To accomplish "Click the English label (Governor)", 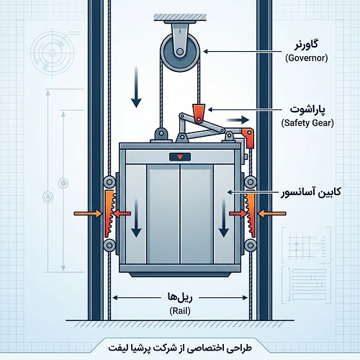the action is tap(307, 58).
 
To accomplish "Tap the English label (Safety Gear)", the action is tap(307, 123).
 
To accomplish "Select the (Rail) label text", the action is tap(180, 311).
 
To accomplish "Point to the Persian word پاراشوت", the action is tap(307, 109).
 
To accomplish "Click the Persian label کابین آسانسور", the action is tap(311, 192).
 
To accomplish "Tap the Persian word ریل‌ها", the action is tap(180, 297).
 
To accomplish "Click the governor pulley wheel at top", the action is tap(180, 52).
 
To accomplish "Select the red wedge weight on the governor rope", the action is tap(199, 113).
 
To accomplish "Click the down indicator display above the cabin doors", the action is tap(180, 157).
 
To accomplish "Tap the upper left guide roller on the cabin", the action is tap(109, 182).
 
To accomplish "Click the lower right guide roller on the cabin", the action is tap(251, 246).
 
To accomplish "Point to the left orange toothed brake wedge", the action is tap(109, 214).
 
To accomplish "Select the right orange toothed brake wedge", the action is tap(251, 215).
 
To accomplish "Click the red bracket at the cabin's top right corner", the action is tap(248, 138).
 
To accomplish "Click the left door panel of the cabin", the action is tap(163, 214).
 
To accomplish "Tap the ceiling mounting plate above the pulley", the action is tap(180, 17).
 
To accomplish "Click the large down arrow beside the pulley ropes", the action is tap(136, 87).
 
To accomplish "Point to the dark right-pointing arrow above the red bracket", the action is tap(238, 120).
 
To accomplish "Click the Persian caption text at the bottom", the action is tap(180, 348).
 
